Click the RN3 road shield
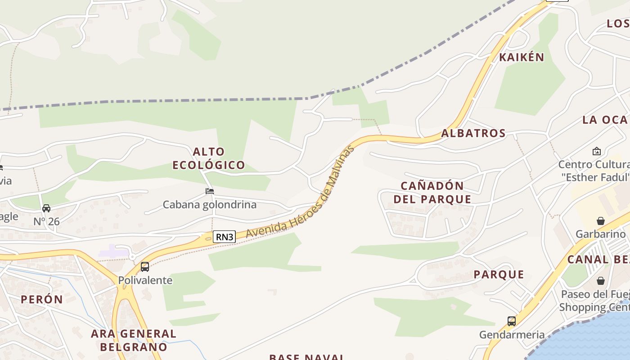click(x=224, y=237)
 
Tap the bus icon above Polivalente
click(x=145, y=266)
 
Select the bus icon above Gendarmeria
click(x=512, y=321)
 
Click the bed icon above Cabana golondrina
click(x=210, y=191)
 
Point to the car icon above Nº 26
click(x=46, y=208)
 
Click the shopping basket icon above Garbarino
click(x=601, y=220)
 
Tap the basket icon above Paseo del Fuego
click(x=601, y=281)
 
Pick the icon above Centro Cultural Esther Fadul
click(x=597, y=151)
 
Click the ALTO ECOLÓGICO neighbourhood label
click(x=209, y=158)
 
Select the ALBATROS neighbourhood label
click(x=473, y=133)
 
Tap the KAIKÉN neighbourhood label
click(x=522, y=57)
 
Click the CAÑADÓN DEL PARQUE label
click(x=432, y=193)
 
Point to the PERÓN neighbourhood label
click(x=42, y=299)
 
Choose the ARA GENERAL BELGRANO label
click(x=134, y=340)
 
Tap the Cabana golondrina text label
click(x=209, y=205)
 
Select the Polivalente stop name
click(x=145, y=280)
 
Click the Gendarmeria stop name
click(x=512, y=335)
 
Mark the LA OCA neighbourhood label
click(x=605, y=120)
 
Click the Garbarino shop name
click(x=601, y=234)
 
